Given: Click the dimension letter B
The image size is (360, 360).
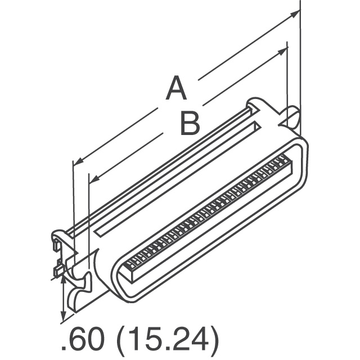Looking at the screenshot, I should (190, 124).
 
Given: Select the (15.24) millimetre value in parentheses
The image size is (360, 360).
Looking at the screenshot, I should (169, 340).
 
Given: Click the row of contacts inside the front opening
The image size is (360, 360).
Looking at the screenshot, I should (208, 211).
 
